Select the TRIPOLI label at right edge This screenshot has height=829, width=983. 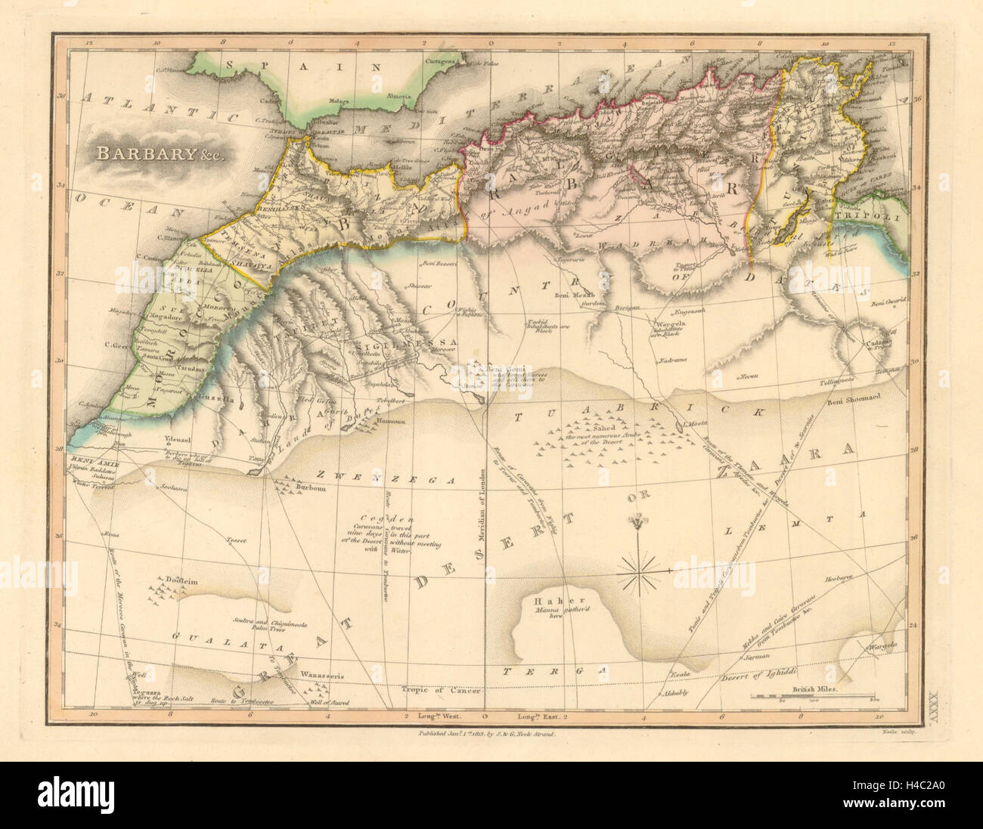pyautogui.click(x=874, y=218)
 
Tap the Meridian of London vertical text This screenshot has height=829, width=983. pyautogui.click(x=482, y=521)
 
